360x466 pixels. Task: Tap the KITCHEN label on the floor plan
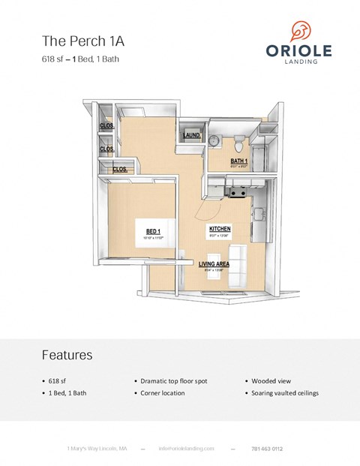pos(219,227)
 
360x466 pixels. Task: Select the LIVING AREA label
pos(213,264)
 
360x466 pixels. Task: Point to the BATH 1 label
pos(239,161)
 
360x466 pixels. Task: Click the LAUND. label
pos(190,136)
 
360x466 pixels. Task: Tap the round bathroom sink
pos(214,141)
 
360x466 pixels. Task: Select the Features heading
pos(67,353)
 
